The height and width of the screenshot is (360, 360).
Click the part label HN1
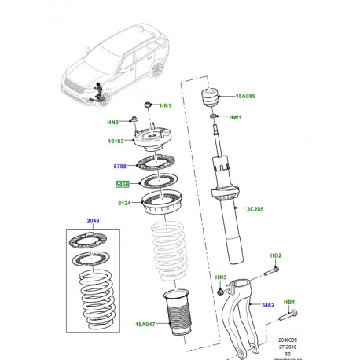pos(166,105)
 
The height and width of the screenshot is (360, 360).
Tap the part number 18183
pos(116,141)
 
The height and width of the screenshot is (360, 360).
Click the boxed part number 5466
pos(122,185)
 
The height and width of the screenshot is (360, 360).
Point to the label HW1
pos(234,119)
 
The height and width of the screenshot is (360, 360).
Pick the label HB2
pos(276,255)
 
